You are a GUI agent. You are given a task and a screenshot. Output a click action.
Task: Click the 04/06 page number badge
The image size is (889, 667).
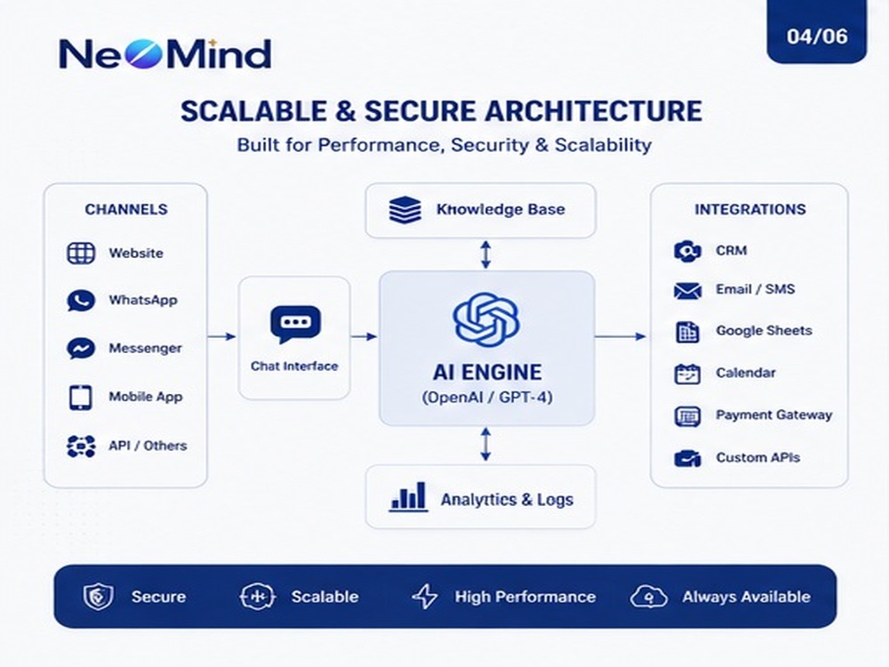click(x=816, y=32)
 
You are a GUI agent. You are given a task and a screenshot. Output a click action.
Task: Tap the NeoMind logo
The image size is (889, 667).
click(x=165, y=54)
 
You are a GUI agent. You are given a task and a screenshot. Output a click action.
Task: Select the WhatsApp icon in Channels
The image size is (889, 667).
click(x=81, y=301)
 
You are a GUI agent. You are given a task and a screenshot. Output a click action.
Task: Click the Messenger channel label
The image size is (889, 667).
click(x=145, y=349)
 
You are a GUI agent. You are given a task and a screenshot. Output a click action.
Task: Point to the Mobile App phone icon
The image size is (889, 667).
click(x=81, y=398)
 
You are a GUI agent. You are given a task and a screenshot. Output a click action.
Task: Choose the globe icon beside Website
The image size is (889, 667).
click(x=81, y=253)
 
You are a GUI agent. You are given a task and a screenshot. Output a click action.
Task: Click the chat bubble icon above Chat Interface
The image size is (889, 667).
click(x=295, y=325)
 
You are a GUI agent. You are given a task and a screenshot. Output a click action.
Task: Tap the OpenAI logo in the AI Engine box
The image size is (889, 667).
click(x=486, y=320)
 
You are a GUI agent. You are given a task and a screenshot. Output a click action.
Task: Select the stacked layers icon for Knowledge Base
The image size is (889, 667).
click(x=404, y=210)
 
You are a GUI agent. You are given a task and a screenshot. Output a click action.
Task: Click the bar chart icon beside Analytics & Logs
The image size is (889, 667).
click(x=408, y=497)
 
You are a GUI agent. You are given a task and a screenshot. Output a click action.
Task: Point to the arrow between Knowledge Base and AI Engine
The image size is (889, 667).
click(x=486, y=254)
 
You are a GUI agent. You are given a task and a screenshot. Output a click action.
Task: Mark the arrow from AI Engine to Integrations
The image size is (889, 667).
click(x=621, y=336)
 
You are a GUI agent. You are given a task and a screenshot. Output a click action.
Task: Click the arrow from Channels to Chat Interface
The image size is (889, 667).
click(x=221, y=336)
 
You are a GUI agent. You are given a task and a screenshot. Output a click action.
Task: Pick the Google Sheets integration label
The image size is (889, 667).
click(x=764, y=331)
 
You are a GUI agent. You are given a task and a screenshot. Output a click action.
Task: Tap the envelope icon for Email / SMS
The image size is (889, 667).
click(x=688, y=291)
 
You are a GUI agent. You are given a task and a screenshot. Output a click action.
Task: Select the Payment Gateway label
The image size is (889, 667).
click(x=774, y=415)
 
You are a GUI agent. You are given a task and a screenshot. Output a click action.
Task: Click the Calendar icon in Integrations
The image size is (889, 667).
click(x=688, y=374)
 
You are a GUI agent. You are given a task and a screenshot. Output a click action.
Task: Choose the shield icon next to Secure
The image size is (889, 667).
click(x=99, y=597)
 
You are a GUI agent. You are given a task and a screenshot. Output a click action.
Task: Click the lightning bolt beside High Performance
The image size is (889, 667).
click(x=425, y=597)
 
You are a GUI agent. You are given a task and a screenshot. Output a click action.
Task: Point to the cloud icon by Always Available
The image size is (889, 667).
click(x=649, y=598)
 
